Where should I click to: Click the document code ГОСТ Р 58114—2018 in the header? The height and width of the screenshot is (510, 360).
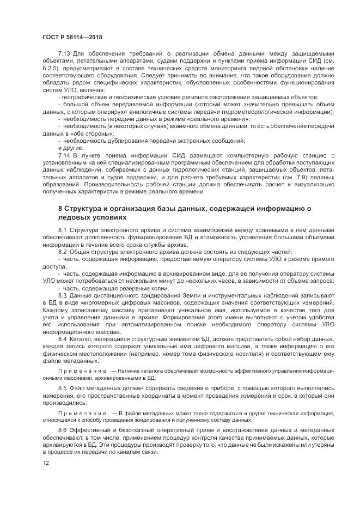(71, 37)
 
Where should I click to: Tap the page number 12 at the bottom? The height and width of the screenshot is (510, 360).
(45, 463)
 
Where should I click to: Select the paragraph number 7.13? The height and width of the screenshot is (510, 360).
(64, 54)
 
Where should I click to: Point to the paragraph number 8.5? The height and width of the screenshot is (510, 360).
(62, 388)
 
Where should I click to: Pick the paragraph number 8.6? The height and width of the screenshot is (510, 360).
(62, 431)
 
